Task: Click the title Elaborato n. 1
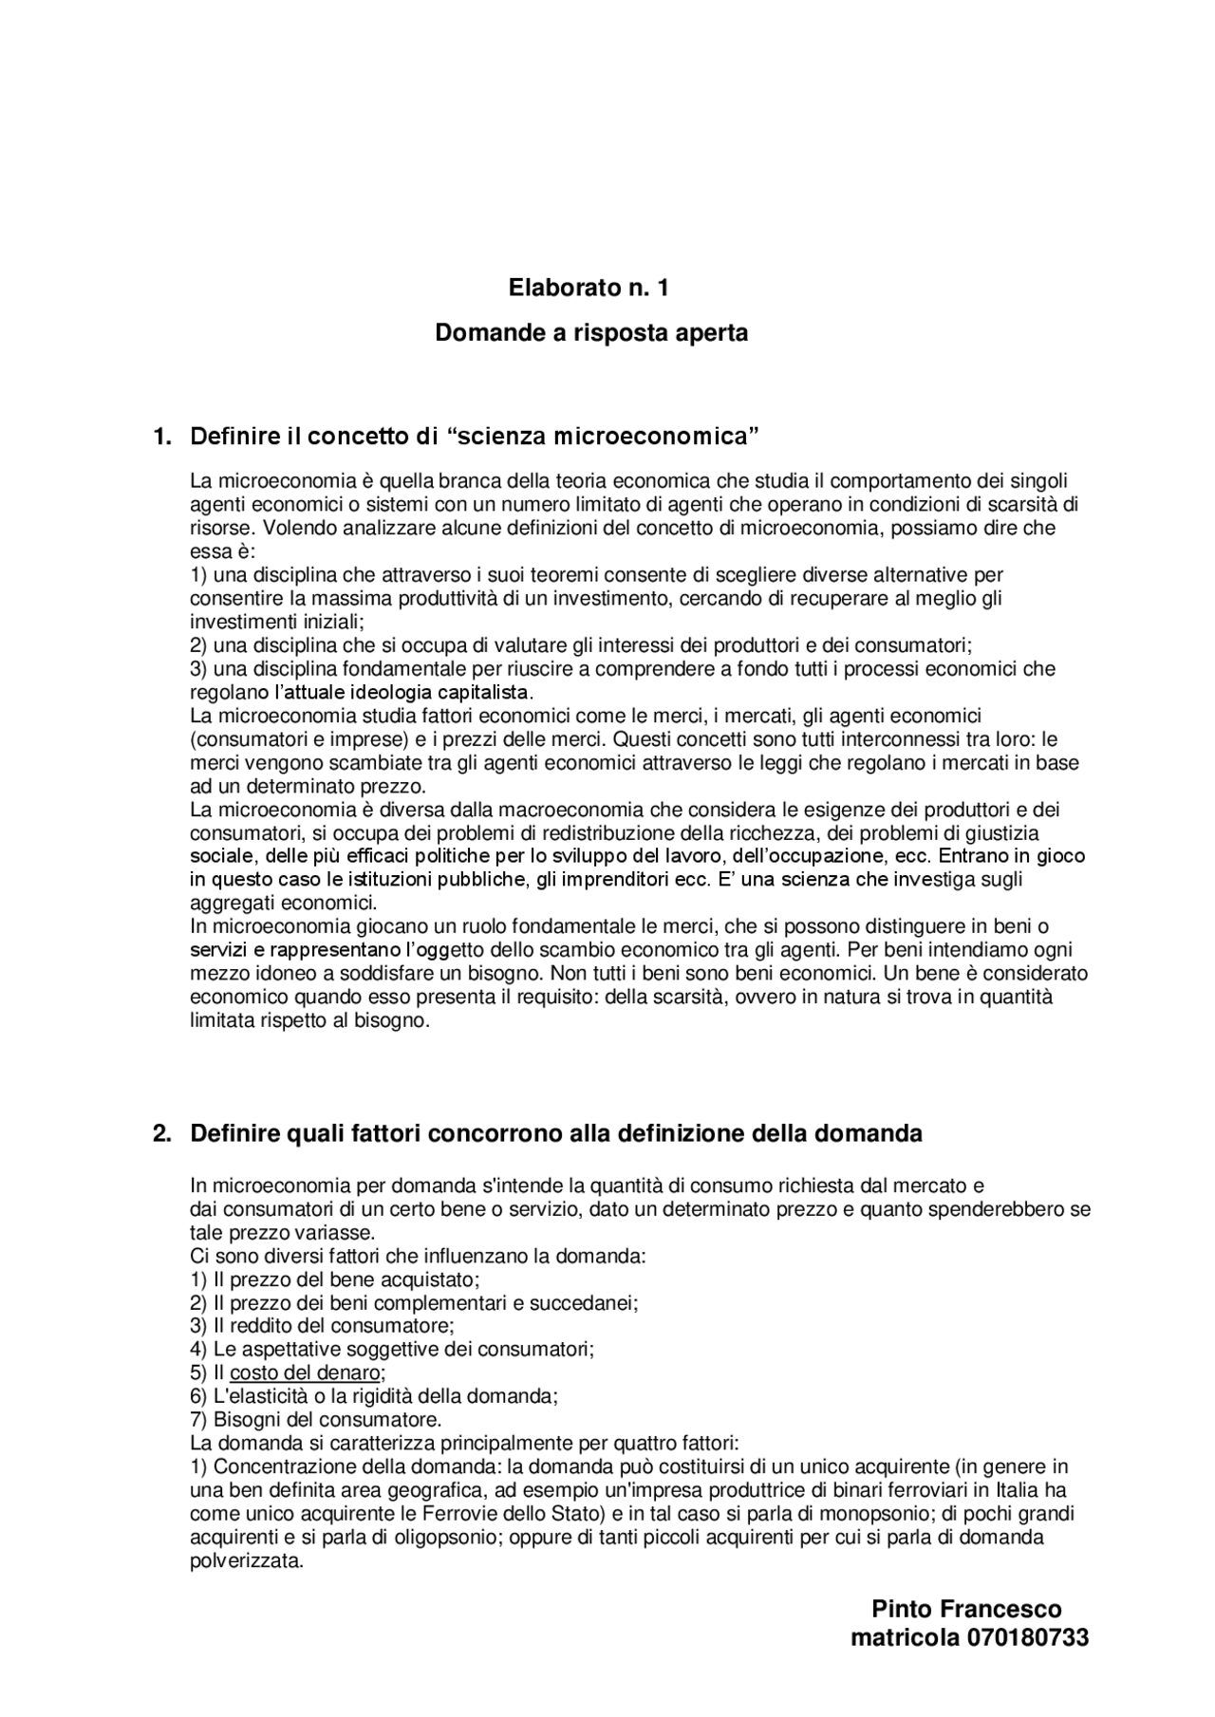[589, 288]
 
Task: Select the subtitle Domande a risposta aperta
[591, 333]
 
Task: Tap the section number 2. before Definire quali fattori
[162, 1133]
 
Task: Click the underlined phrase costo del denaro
[305, 1372]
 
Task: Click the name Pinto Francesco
[966, 1609]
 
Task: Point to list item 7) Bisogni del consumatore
[316, 1420]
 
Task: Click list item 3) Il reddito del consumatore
[322, 1325]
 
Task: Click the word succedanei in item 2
[594, 1302]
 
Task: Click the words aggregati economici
[283, 903]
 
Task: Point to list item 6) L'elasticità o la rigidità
[373, 1396]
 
